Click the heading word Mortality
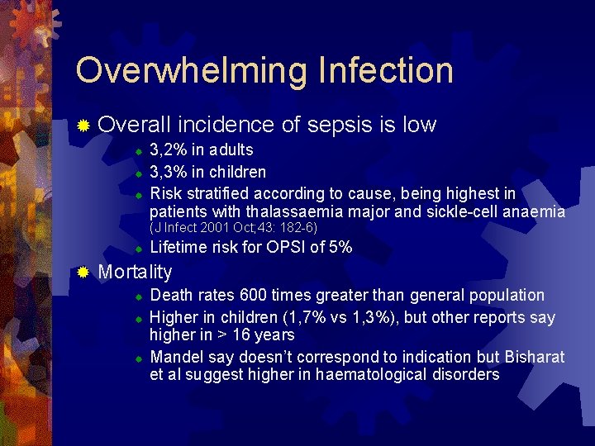point(135,273)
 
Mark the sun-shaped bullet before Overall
point(83,126)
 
